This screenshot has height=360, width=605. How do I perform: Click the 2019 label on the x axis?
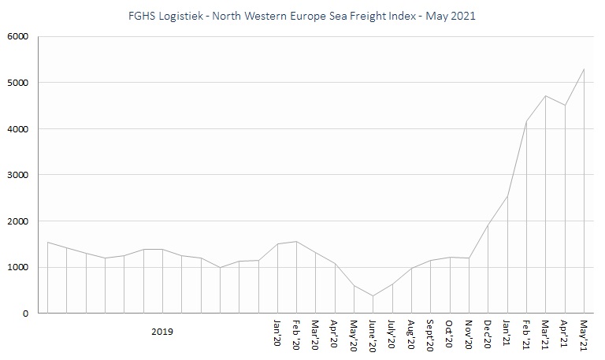click(162, 332)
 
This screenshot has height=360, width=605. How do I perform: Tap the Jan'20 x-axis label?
click(277, 336)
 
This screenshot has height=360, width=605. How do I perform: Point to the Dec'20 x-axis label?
click(488, 336)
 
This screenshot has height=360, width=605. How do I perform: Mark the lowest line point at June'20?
click(373, 296)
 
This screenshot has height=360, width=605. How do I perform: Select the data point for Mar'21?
click(546, 96)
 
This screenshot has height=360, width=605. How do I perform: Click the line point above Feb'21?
click(527, 121)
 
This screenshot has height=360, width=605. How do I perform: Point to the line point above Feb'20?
click(296, 242)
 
